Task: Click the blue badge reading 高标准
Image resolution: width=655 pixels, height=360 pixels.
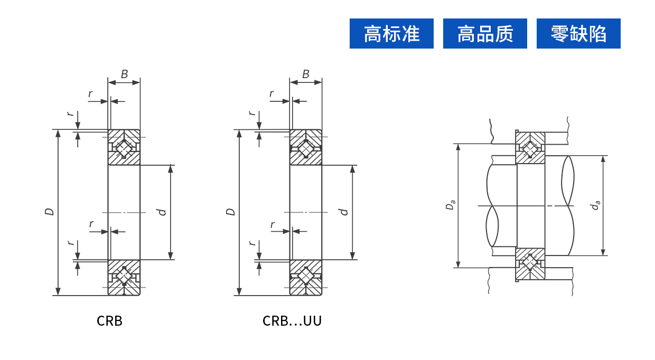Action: pyautogui.click(x=391, y=34)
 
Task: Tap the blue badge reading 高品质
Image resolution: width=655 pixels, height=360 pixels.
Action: pyautogui.click(x=485, y=34)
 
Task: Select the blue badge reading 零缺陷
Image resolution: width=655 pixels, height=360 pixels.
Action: pyautogui.click(x=578, y=34)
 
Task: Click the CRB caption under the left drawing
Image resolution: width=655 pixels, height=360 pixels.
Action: pyautogui.click(x=109, y=321)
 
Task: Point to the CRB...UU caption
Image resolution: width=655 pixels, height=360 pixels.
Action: pyautogui.click(x=292, y=321)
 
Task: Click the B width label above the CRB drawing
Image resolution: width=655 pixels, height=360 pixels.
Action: pyautogui.click(x=124, y=74)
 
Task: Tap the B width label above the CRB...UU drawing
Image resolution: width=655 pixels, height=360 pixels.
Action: pyautogui.click(x=306, y=74)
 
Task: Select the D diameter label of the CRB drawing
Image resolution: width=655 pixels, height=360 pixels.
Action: pyautogui.click(x=49, y=212)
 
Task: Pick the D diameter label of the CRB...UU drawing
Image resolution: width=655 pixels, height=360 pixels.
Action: pyautogui.click(x=231, y=212)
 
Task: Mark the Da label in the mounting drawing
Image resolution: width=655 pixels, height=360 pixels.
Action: pyautogui.click(x=450, y=205)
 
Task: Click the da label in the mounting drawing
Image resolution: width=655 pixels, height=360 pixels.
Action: pyautogui.click(x=596, y=205)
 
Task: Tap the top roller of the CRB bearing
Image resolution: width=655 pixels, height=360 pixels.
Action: pyautogui.click(x=124, y=148)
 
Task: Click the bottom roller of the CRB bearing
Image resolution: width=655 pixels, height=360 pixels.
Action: pyautogui.click(x=124, y=277)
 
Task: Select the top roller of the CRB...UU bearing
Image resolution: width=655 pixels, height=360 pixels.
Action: pyautogui.click(x=306, y=148)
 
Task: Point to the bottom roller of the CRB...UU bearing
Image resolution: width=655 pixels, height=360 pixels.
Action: pyautogui.click(x=306, y=277)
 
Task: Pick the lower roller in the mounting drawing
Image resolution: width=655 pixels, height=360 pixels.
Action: pyautogui.click(x=530, y=262)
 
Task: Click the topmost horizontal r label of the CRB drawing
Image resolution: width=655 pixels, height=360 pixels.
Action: pyautogui.click(x=90, y=94)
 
